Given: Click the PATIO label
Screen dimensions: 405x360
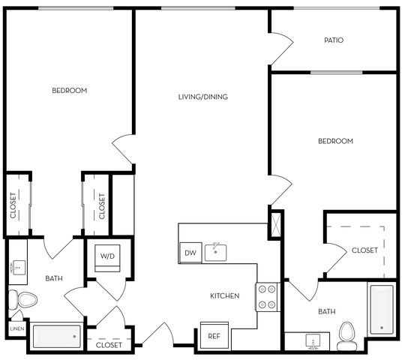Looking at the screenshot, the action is pyautogui.click(x=334, y=40).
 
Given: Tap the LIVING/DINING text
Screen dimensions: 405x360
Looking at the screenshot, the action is pyautogui.click(x=203, y=97).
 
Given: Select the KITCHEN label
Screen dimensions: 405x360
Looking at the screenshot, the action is pyautogui.click(x=225, y=295).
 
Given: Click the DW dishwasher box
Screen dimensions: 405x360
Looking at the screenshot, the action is pyautogui.click(x=190, y=253).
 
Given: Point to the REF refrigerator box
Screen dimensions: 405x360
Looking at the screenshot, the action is pyautogui.click(x=214, y=336).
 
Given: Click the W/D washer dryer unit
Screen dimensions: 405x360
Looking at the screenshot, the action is pyautogui.click(x=107, y=258).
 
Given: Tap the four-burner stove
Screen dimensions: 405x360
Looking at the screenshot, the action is pyautogui.click(x=267, y=297).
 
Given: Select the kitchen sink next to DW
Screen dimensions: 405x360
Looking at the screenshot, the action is pyautogui.click(x=216, y=253).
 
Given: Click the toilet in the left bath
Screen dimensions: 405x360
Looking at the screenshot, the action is pyautogui.click(x=22, y=299).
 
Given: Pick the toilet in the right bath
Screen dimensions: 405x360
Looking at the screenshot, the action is pyautogui.click(x=347, y=337).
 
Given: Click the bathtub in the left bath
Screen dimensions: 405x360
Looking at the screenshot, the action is pyautogui.click(x=57, y=337).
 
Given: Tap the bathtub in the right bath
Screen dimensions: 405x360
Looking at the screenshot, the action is pyautogui.click(x=382, y=310).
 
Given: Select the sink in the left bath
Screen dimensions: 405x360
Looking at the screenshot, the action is pyautogui.click(x=18, y=268).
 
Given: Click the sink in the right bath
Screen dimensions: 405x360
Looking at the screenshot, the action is pyautogui.click(x=313, y=341).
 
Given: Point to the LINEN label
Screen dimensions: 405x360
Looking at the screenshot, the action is pyautogui.click(x=17, y=328).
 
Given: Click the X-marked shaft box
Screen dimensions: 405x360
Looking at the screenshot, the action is pyautogui.click(x=276, y=224).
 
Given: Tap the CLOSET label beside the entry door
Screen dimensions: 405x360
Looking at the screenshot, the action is pyautogui.click(x=109, y=345).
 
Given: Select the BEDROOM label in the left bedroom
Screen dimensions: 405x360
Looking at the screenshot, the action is pyautogui.click(x=70, y=91).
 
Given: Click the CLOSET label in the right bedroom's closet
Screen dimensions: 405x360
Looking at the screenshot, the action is pyautogui.click(x=364, y=250).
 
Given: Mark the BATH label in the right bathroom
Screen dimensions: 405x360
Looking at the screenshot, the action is pyautogui.click(x=327, y=312).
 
